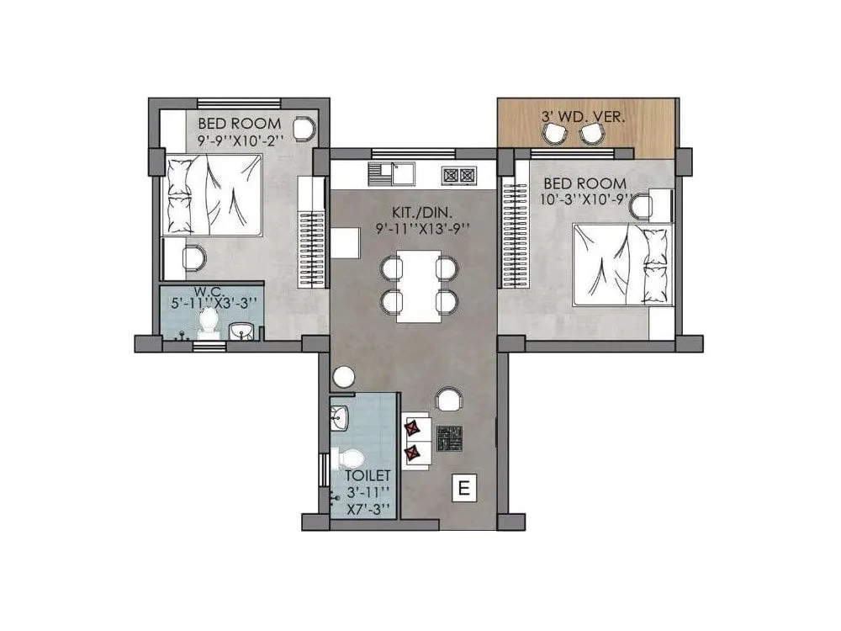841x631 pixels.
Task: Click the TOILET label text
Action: point(368,476)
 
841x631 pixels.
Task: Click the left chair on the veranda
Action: point(554,133)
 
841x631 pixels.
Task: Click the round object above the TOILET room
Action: point(343,379)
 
